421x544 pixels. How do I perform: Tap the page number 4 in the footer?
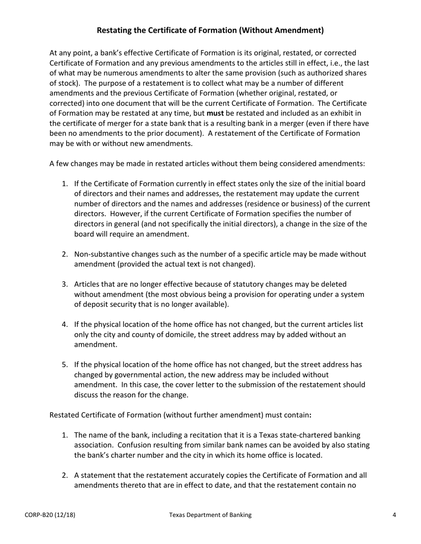point(394,515)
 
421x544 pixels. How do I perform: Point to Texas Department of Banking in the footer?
point(210,515)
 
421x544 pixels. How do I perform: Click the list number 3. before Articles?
point(65,284)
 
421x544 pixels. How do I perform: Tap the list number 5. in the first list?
point(65,365)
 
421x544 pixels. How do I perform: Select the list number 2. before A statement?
point(65,475)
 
